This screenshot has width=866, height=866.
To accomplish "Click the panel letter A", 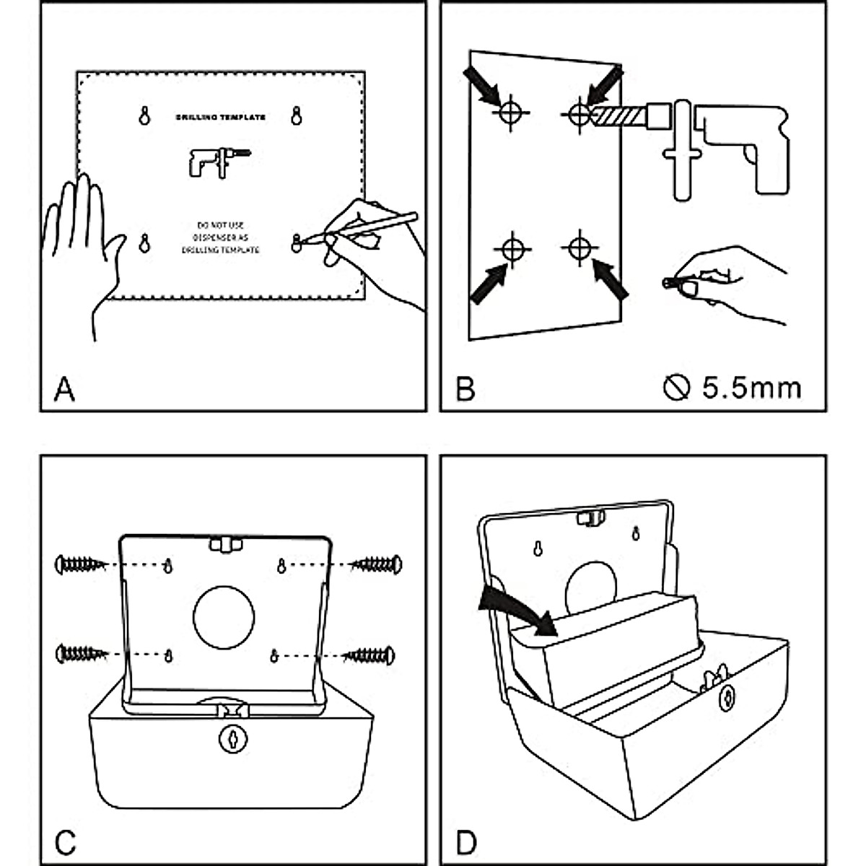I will pos(64,390).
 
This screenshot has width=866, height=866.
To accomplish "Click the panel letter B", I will pos(465,390).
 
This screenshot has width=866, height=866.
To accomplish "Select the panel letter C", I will pos(65,841).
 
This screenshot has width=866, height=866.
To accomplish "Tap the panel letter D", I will pos(466,841).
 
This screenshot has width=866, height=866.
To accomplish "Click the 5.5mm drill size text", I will pos(751,388).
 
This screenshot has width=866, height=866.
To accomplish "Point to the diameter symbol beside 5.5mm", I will pos(676,388).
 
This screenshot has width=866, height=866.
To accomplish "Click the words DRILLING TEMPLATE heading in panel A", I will pos(221,117).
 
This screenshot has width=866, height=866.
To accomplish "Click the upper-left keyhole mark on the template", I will pos(144,115).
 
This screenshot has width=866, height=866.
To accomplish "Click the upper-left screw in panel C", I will pos(81,564).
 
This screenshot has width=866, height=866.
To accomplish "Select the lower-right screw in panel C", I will pos(369,655).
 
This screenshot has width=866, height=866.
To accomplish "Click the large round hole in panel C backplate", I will pos(224,617).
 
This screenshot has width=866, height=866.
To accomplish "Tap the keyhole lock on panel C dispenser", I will pos(232,738).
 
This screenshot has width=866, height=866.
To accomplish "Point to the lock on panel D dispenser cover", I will pos(727,697).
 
